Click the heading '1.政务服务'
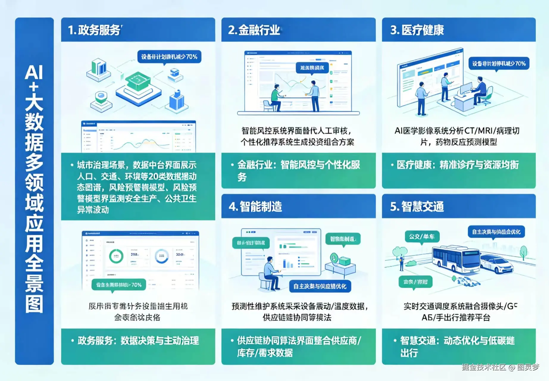coord(94,30)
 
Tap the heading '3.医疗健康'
coord(417,30)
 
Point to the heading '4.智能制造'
coord(255,206)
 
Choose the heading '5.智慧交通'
coord(417,206)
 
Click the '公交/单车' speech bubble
coord(422,237)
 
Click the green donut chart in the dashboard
coord(116,256)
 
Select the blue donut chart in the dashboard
coord(162,256)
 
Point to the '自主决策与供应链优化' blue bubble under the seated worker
coord(320,286)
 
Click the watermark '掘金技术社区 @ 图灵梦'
coord(500,367)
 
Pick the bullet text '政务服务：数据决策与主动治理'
coord(138,341)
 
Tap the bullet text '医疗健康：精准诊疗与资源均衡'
coord(458,165)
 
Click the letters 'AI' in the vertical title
coord(34,72)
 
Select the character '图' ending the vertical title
coord(34,304)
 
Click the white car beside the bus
coord(496,264)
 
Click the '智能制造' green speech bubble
coord(343,239)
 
